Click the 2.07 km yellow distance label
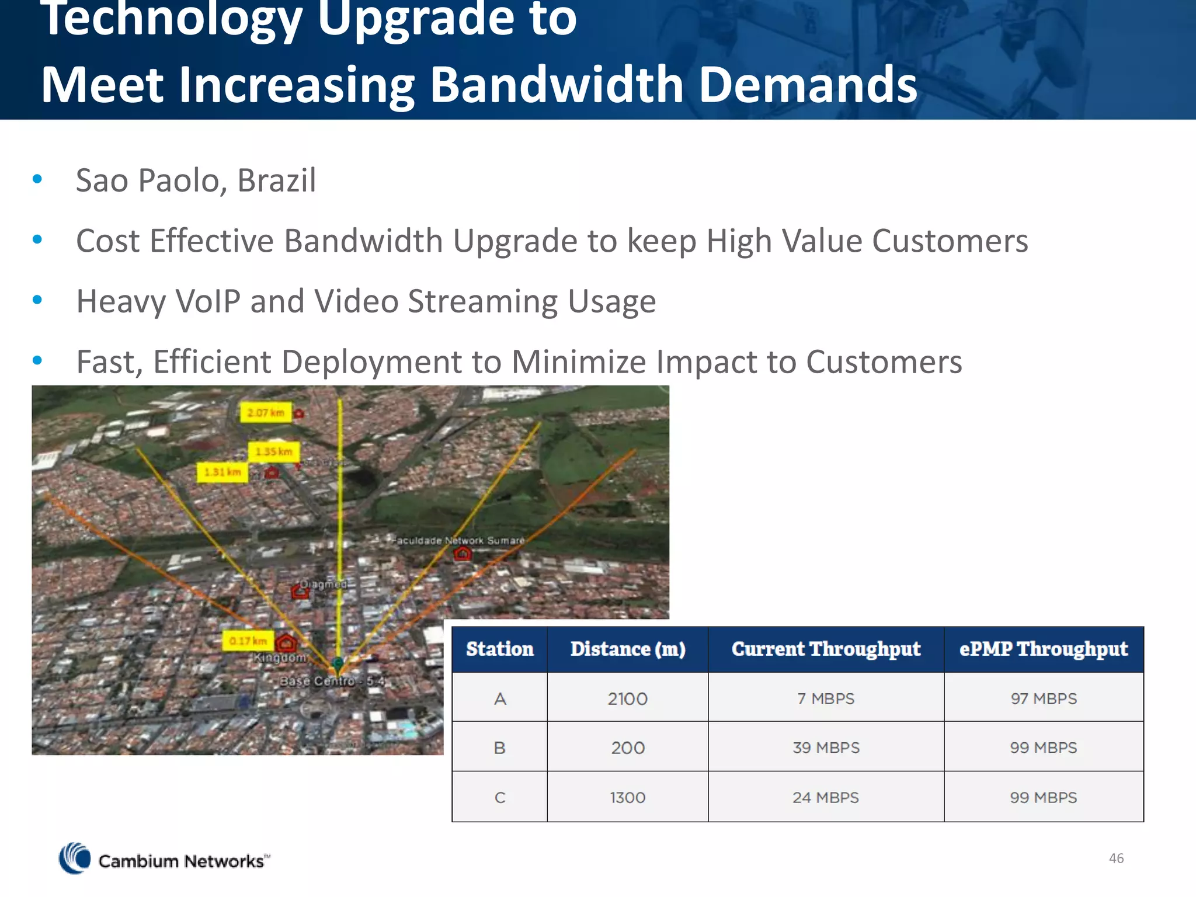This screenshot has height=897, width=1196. pyautogui.click(x=265, y=413)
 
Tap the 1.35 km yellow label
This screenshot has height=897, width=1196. pyautogui.click(x=273, y=451)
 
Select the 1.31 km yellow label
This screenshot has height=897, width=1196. pyautogui.click(x=222, y=472)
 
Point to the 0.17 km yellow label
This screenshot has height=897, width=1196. pyautogui.click(x=248, y=641)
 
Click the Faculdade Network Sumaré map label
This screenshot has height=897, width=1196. pyautogui.click(x=458, y=541)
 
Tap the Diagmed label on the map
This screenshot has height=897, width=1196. pyautogui.click(x=323, y=584)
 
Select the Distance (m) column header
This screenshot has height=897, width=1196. pyautogui.click(x=628, y=649)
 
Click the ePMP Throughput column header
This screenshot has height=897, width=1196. pyautogui.click(x=1044, y=649)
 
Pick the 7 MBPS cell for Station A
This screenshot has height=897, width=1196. pyautogui.click(x=826, y=698)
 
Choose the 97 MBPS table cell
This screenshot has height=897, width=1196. pyautogui.click(x=1044, y=698)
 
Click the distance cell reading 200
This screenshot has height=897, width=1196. pyautogui.click(x=628, y=747)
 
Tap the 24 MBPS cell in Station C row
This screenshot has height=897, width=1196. pyautogui.click(x=826, y=798)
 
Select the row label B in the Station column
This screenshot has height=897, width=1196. pyautogui.click(x=500, y=747)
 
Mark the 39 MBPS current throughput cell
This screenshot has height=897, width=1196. pyautogui.click(x=826, y=747)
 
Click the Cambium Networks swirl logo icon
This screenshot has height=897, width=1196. pyautogui.click(x=75, y=858)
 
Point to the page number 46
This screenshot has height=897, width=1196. pyautogui.click(x=1116, y=858)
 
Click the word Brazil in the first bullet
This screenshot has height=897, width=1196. pyautogui.click(x=277, y=180)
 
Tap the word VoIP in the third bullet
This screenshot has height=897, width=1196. pyautogui.click(x=208, y=302)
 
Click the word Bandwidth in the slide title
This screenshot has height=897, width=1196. pyautogui.click(x=556, y=85)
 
